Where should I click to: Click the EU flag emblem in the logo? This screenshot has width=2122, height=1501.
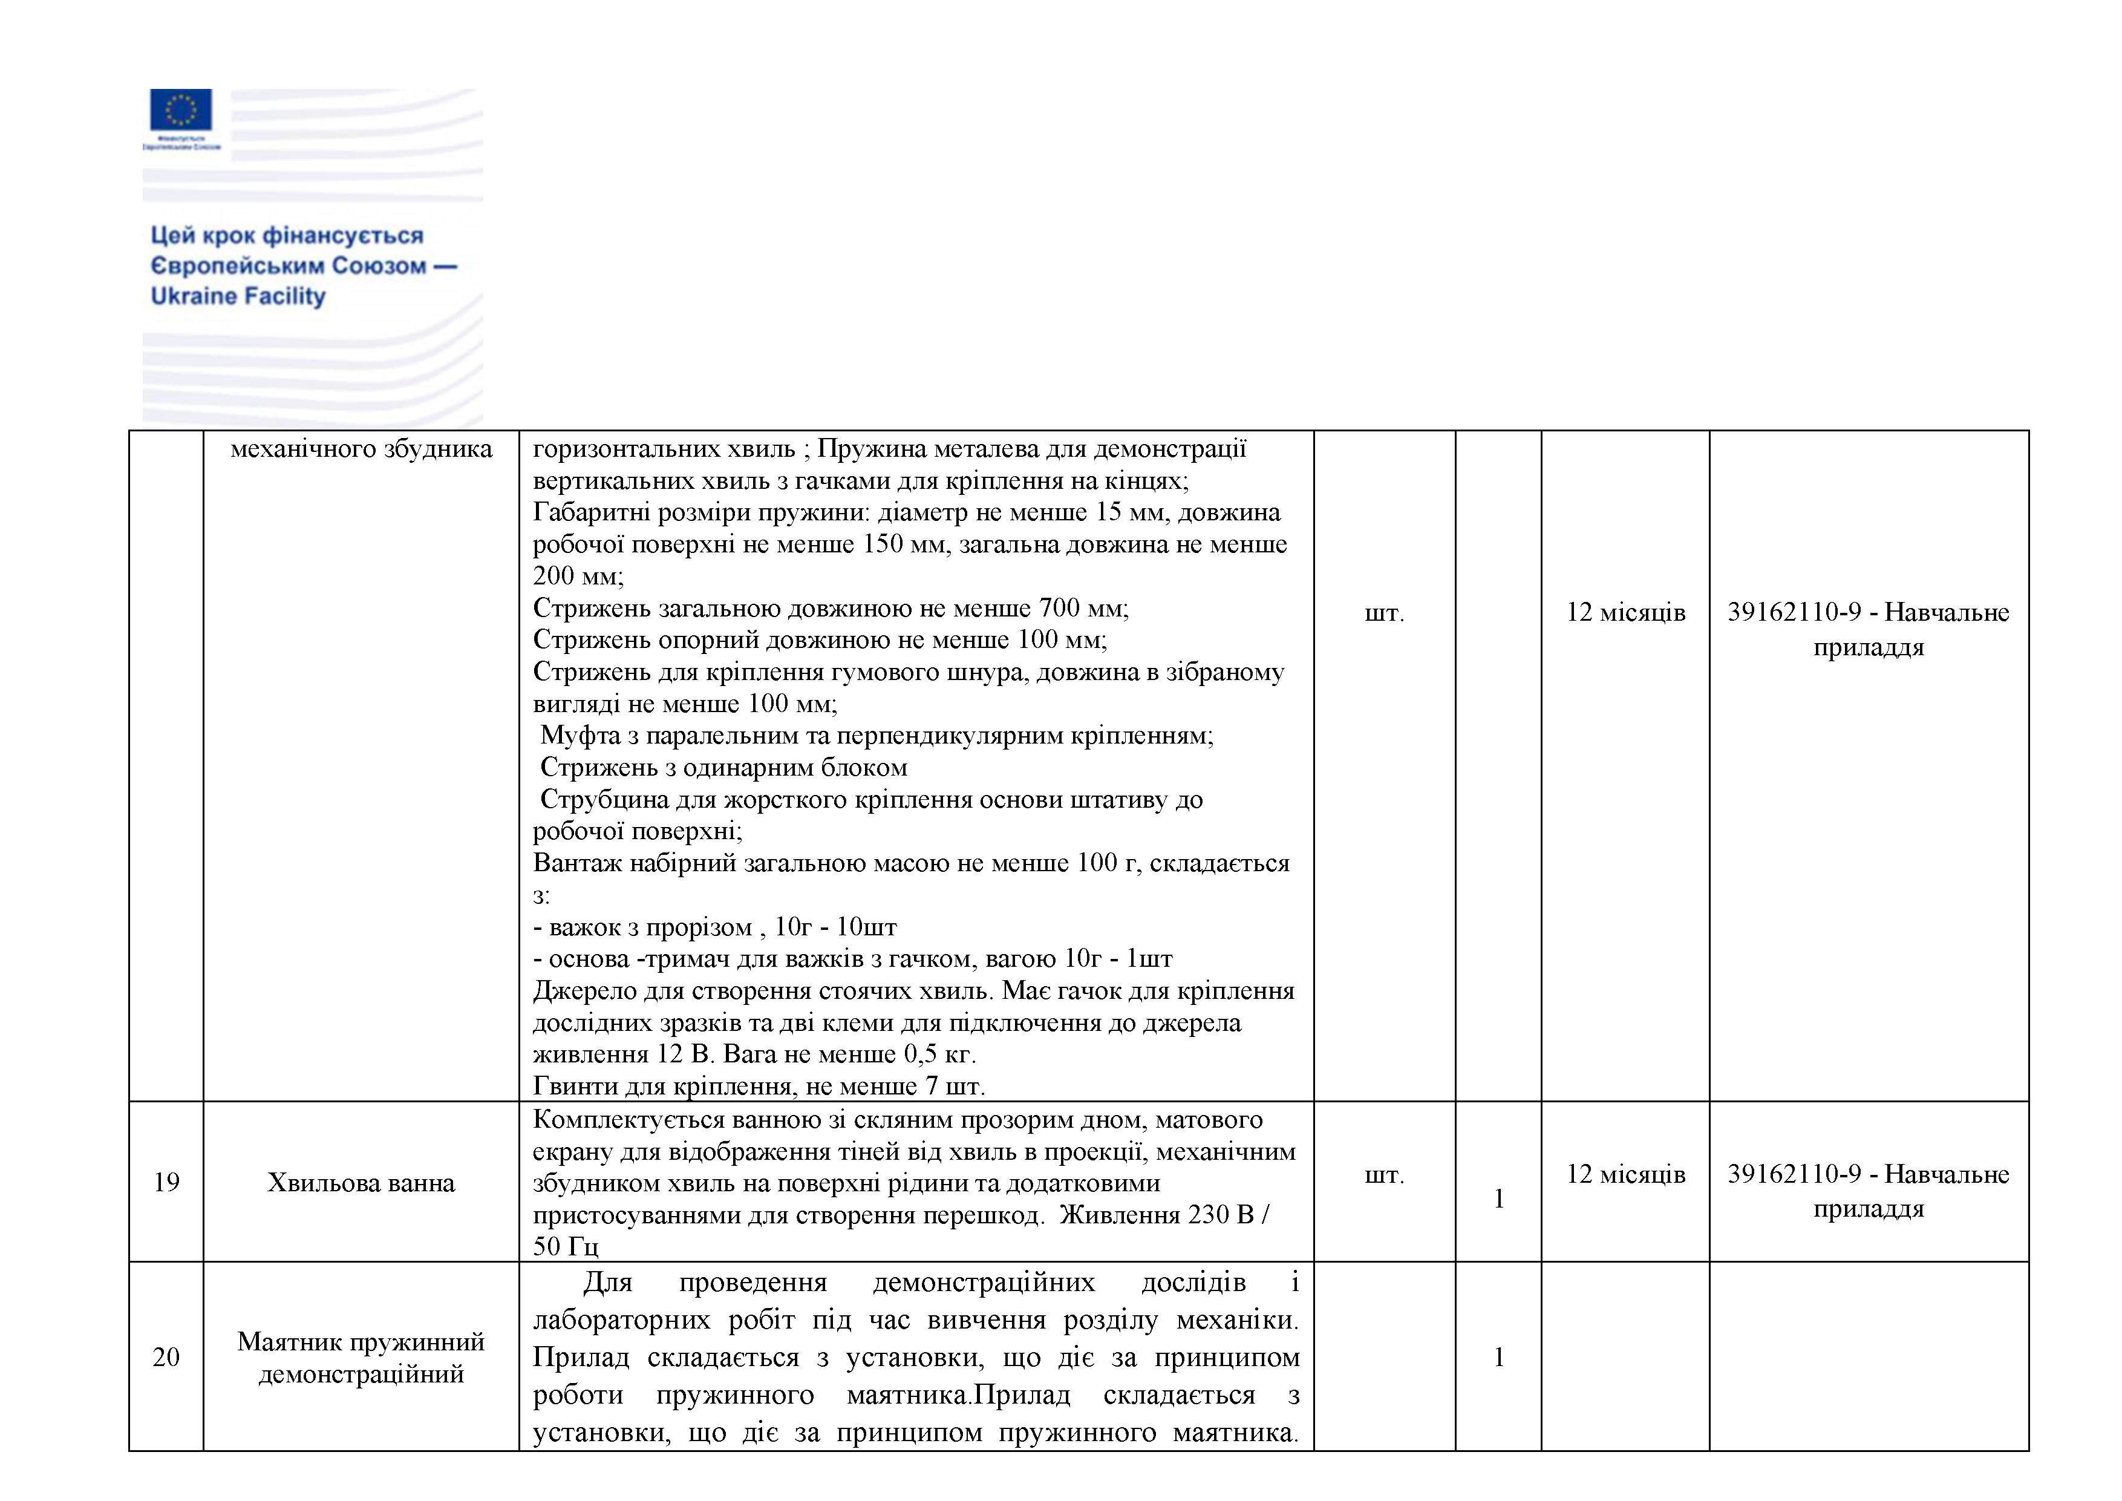pyautogui.click(x=180, y=109)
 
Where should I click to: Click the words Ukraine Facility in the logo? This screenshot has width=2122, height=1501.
pyautogui.click(x=238, y=296)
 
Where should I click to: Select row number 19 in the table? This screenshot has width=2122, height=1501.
pyautogui.click(x=166, y=1182)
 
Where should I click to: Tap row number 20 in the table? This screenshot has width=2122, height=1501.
pyautogui.click(x=166, y=1357)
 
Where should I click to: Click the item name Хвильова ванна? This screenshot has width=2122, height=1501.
pyautogui.click(x=361, y=1183)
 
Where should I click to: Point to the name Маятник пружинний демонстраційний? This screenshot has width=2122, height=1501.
pyautogui.click(x=361, y=1357)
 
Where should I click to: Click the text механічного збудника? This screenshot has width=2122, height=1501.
pyautogui.click(x=361, y=449)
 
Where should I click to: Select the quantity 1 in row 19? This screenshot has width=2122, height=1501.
pyautogui.click(x=1498, y=1199)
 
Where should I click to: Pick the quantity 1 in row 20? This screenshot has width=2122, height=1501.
pyautogui.click(x=1498, y=1357)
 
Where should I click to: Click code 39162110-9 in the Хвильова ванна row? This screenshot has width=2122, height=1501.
pyautogui.click(x=1793, y=1175)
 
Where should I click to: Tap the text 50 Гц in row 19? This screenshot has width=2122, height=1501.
pyautogui.click(x=566, y=1247)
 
